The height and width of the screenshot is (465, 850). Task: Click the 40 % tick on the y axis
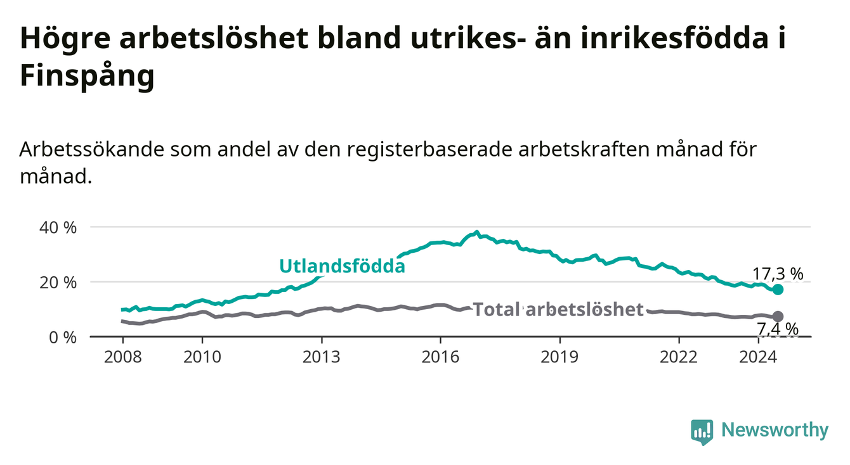(58, 228)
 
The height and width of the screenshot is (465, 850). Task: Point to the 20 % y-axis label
(58, 283)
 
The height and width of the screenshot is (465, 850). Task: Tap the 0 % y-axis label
(63, 338)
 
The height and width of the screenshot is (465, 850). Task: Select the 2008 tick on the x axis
(122, 357)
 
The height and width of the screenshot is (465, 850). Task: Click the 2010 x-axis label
(202, 357)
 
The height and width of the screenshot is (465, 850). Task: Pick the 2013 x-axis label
(322, 357)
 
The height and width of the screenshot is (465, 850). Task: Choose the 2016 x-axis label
(440, 357)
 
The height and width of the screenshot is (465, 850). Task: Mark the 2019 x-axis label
(559, 357)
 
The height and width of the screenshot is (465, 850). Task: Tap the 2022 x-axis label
(679, 357)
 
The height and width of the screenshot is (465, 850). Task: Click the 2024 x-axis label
(758, 357)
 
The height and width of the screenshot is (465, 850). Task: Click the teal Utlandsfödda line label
(343, 266)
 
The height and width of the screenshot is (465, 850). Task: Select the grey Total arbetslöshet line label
(558, 309)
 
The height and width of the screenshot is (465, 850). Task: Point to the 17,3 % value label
(778, 274)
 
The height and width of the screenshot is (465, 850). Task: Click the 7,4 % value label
(778, 329)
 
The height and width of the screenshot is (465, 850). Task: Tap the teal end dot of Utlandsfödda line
(778, 290)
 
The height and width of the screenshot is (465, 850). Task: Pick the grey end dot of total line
(778, 316)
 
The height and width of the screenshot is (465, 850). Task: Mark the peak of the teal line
(477, 232)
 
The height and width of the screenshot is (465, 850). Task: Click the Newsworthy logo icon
(702, 432)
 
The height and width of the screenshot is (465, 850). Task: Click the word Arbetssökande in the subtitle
(92, 150)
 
